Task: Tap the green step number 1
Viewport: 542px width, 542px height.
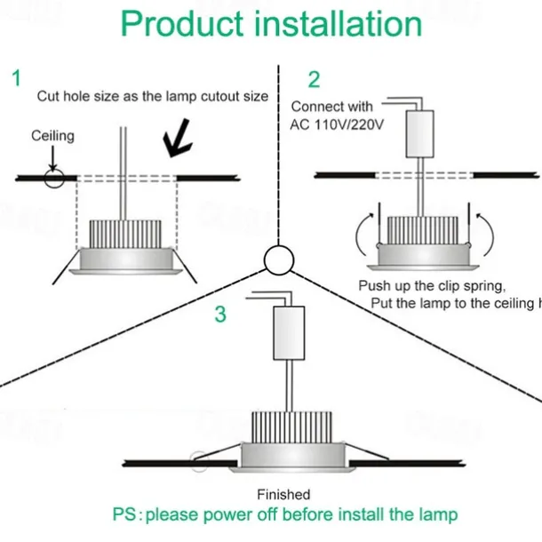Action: click(x=15, y=78)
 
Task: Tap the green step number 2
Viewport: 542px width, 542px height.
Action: click(x=314, y=79)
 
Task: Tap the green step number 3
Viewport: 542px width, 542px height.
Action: click(x=221, y=315)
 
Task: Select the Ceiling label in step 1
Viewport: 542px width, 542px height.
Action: click(x=53, y=136)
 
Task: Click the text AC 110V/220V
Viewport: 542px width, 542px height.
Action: click(x=337, y=124)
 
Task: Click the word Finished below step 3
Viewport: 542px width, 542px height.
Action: click(x=283, y=494)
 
